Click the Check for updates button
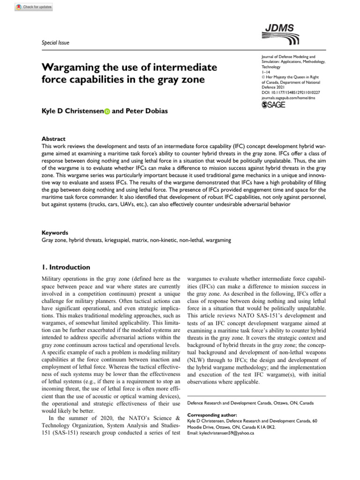34,7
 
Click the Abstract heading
53,139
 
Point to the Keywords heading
55,232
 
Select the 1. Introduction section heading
66,267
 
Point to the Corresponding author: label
212,415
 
